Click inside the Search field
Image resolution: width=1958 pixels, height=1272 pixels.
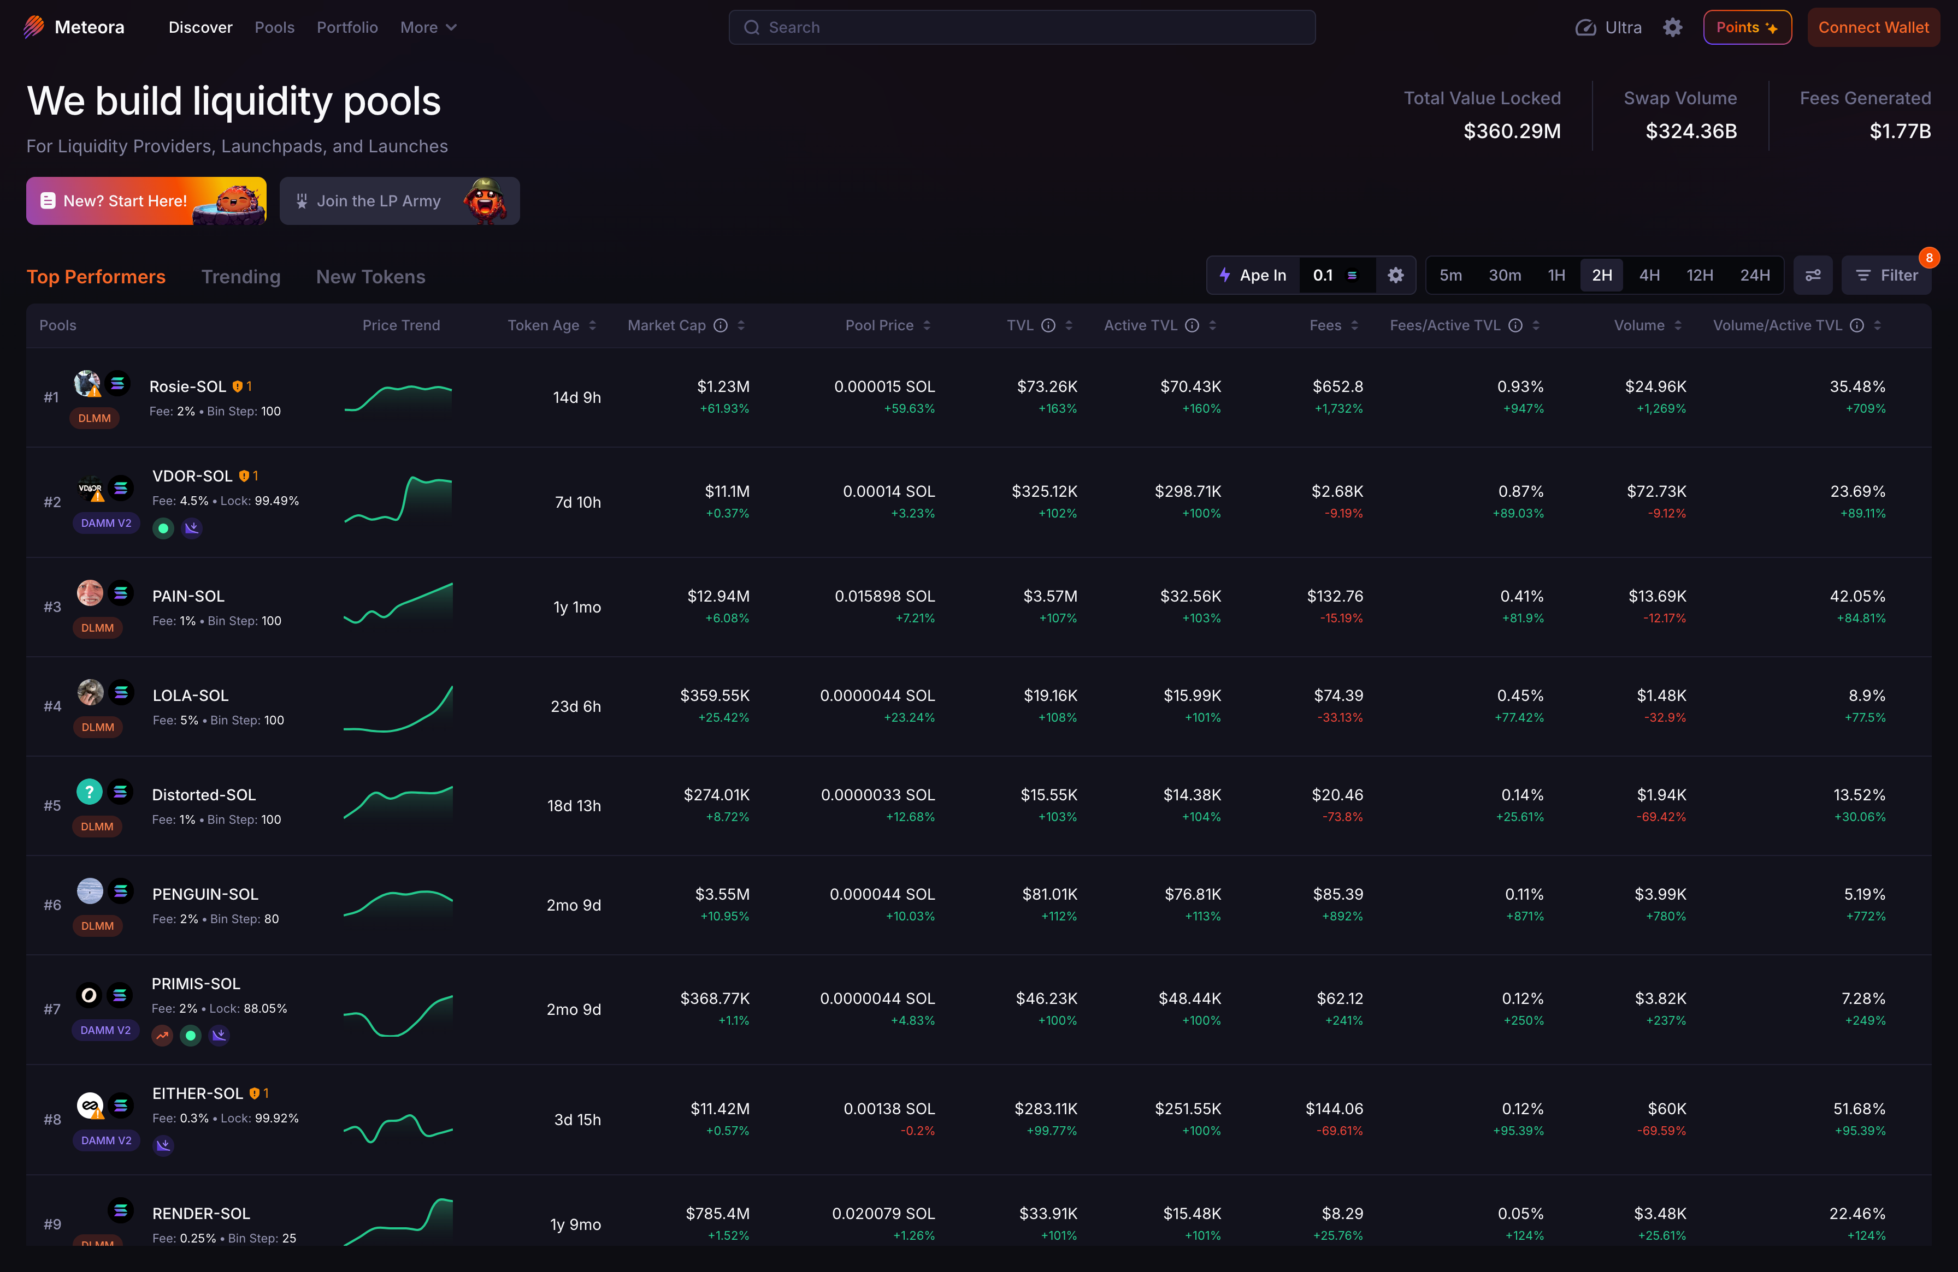(x=1022, y=27)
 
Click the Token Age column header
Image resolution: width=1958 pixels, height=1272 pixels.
(x=544, y=325)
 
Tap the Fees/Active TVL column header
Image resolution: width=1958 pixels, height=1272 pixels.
(x=1444, y=325)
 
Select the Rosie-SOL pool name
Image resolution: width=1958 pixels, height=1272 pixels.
(x=187, y=387)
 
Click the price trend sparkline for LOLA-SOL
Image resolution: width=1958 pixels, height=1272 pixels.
(x=398, y=708)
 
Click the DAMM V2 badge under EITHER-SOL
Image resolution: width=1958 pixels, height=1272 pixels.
(x=106, y=1140)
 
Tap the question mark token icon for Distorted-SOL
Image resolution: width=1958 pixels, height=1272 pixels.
(x=90, y=792)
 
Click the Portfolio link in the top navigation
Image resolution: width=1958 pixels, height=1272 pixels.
(x=347, y=27)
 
